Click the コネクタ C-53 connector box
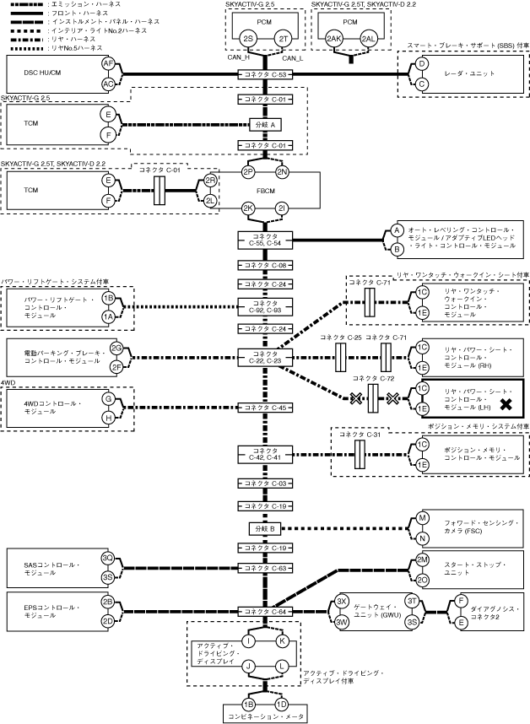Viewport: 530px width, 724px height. click(x=266, y=74)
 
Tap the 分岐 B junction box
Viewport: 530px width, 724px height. click(x=266, y=528)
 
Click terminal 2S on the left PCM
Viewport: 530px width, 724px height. click(x=247, y=40)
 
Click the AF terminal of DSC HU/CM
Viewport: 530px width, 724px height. click(x=108, y=64)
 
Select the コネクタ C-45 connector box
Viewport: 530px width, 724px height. click(x=266, y=408)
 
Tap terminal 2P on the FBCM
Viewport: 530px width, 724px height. click(x=248, y=172)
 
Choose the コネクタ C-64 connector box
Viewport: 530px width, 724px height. click(x=266, y=610)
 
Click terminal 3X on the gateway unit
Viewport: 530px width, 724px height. click(x=342, y=601)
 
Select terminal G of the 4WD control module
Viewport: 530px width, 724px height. click(x=108, y=398)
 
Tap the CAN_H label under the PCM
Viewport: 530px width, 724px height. click(x=238, y=58)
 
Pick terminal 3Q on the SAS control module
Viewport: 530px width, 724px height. click(x=108, y=558)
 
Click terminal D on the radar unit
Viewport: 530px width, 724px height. click(x=423, y=64)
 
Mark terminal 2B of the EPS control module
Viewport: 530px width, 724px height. click(x=108, y=602)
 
